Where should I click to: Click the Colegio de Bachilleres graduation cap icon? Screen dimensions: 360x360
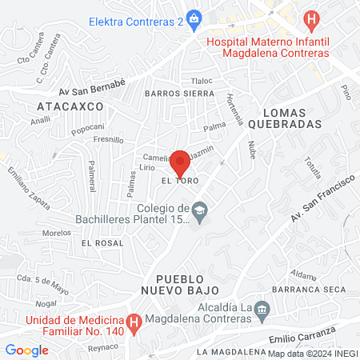pos(200,210)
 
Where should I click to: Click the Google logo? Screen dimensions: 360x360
pos(27,350)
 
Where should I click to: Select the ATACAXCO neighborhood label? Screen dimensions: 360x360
pos(60,105)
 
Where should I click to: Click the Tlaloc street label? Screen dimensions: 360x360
pos(202,81)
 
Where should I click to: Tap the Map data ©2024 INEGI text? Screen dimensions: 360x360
pos(313,353)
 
